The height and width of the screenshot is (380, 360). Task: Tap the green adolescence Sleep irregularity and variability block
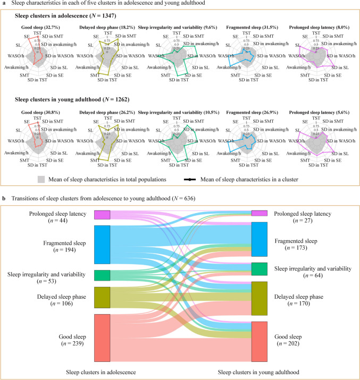click(102, 275)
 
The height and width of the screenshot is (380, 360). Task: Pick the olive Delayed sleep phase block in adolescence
click(102, 297)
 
